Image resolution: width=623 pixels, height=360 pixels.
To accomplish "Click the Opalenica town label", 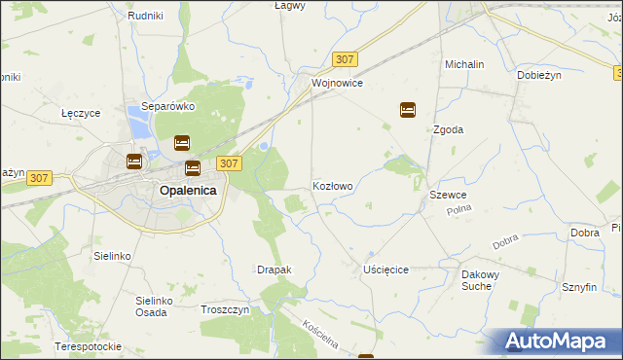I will (188, 191).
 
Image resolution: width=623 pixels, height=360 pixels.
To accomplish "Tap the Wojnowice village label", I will (337, 84).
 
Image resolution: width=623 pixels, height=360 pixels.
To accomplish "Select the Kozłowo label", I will (332, 185).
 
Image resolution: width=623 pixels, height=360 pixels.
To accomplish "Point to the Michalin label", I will (464, 64).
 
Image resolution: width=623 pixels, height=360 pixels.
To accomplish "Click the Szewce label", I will (448, 196).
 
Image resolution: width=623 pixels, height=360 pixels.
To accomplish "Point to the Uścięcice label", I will (385, 269).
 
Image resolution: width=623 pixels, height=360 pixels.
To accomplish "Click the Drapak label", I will (274, 269).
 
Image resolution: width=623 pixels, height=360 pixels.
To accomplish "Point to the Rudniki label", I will (145, 17).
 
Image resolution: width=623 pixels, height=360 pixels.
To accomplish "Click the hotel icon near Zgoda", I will (408, 110).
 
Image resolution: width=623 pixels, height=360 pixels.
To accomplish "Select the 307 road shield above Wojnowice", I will (344, 59).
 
